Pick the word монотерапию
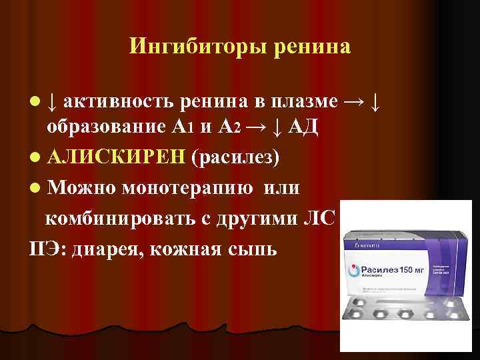(187, 189)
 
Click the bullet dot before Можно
(34, 189)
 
